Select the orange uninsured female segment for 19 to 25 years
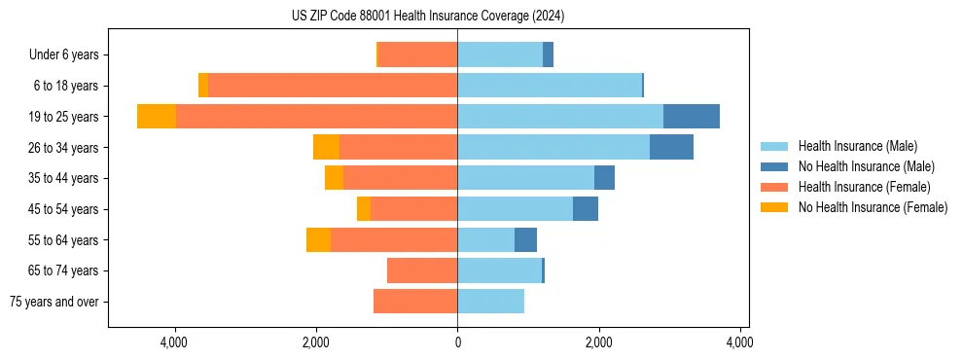click(157, 117)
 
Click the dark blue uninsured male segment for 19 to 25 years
click(692, 117)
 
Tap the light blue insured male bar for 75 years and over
click(491, 302)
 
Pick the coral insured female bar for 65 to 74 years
click(422, 270)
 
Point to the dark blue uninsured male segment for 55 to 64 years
click(525, 239)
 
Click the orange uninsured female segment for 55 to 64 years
click(318, 239)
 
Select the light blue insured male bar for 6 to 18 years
click(550, 86)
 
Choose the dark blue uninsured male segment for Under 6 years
click(549, 54)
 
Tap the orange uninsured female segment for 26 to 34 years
click(326, 147)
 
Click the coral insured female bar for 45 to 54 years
click(413, 209)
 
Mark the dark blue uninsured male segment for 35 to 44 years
click(604, 178)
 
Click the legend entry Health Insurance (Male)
click(856, 146)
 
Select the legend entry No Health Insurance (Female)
click(872, 207)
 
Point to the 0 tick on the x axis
click(457, 342)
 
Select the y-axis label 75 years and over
click(53, 302)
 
